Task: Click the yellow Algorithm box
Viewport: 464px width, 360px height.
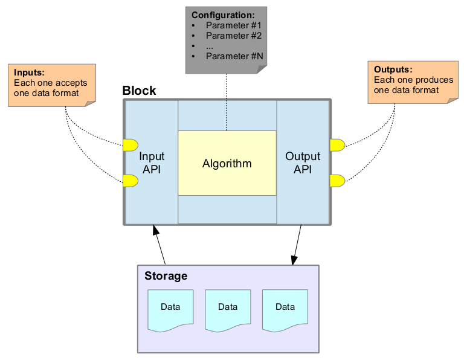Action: coord(227,163)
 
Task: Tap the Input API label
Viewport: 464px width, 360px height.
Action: coord(151,163)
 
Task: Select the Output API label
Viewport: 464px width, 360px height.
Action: coord(302,163)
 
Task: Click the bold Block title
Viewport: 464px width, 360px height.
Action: coord(139,91)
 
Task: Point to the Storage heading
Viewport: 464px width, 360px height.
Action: coord(166,276)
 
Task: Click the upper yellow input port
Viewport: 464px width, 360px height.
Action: coord(130,144)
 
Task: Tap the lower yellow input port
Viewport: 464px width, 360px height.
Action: coord(130,180)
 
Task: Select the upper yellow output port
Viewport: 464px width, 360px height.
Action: coord(337,144)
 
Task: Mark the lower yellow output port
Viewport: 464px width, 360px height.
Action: coord(337,180)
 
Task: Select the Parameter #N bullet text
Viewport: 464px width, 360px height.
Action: coord(234,56)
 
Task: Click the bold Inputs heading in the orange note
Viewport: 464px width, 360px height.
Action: coord(29,73)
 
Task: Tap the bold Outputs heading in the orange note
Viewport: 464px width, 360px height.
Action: coord(393,69)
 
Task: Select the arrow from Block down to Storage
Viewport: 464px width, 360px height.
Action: coord(297,245)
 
